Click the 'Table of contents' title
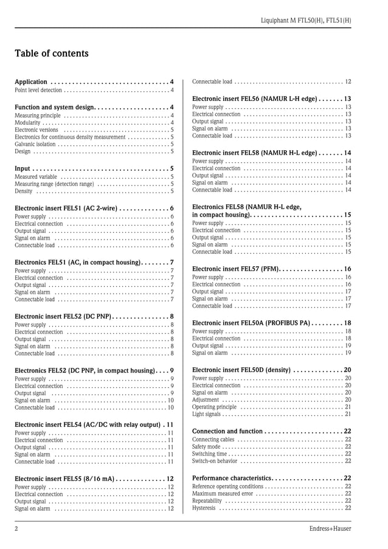click(52, 54)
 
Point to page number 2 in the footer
click(16, 529)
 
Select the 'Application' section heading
click(31, 82)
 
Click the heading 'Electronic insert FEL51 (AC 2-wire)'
click(66, 208)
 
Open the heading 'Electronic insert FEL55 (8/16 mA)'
click(65, 478)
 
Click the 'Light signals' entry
click(207, 415)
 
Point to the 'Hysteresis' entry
click(204, 508)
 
